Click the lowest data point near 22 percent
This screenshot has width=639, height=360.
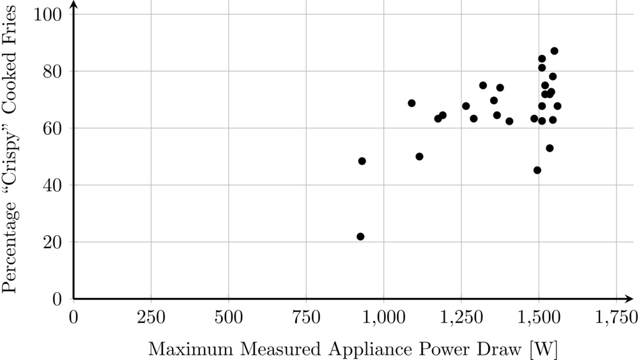(x=360, y=237)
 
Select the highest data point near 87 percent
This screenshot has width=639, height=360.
(x=554, y=51)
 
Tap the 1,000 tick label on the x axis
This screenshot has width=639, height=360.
(x=383, y=317)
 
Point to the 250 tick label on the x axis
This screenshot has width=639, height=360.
(x=151, y=317)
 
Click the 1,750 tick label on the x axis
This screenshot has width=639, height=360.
(x=616, y=317)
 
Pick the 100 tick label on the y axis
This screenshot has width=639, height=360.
(x=52, y=14)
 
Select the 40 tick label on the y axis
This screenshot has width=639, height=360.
(x=56, y=185)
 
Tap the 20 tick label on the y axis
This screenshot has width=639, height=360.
(x=56, y=242)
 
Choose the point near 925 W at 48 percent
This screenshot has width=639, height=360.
(x=362, y=161)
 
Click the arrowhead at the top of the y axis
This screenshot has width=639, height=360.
(x=73, y=6)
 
